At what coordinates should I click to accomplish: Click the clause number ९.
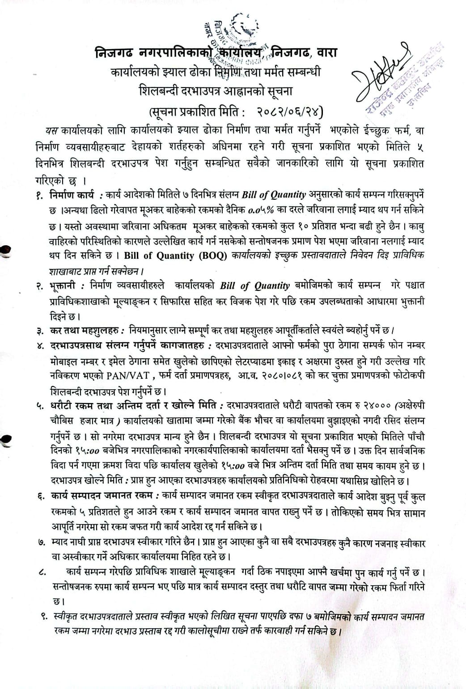pyautogui.click(x=43, y=617)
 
